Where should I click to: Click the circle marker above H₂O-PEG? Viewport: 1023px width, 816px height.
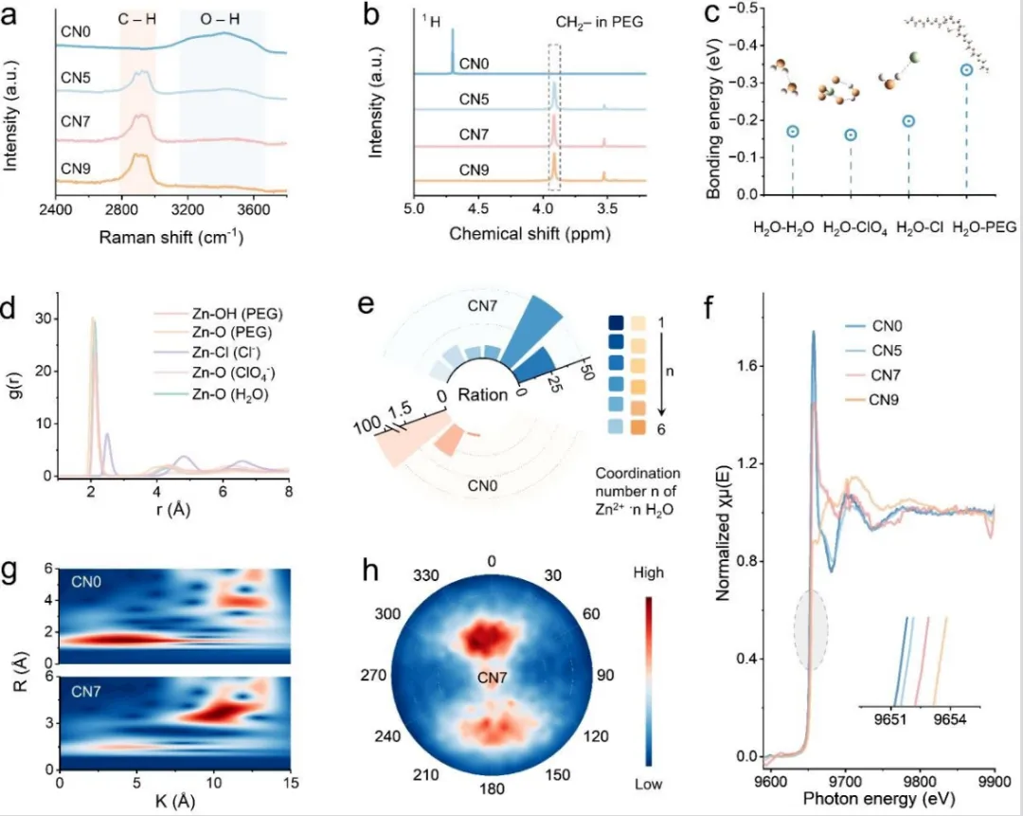pyautogui.click(x=966, y=69)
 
